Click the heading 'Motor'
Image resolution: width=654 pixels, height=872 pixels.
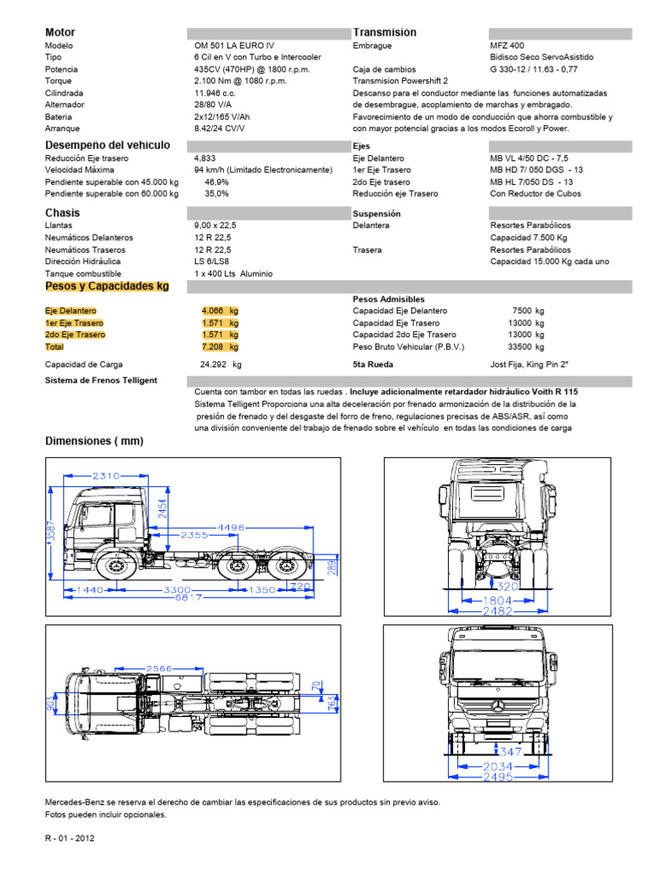coord(60,32)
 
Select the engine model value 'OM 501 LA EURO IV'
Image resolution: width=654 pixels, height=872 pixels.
coord(234,45)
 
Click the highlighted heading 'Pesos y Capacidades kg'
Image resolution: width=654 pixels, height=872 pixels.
coord(106,287)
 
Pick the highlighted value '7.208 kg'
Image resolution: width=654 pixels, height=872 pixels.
coord(220,347)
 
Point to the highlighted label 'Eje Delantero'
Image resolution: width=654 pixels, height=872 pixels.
coord(71,311)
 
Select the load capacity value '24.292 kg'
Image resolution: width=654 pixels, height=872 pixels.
coord(220,364)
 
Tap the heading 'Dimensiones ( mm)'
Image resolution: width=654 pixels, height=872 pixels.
coord(94,441)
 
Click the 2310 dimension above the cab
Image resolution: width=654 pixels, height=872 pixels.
coord(106,475)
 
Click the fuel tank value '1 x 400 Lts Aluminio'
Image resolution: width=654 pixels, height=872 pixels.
coord(232,273)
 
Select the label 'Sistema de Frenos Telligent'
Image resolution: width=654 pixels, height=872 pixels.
coord(100,380)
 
